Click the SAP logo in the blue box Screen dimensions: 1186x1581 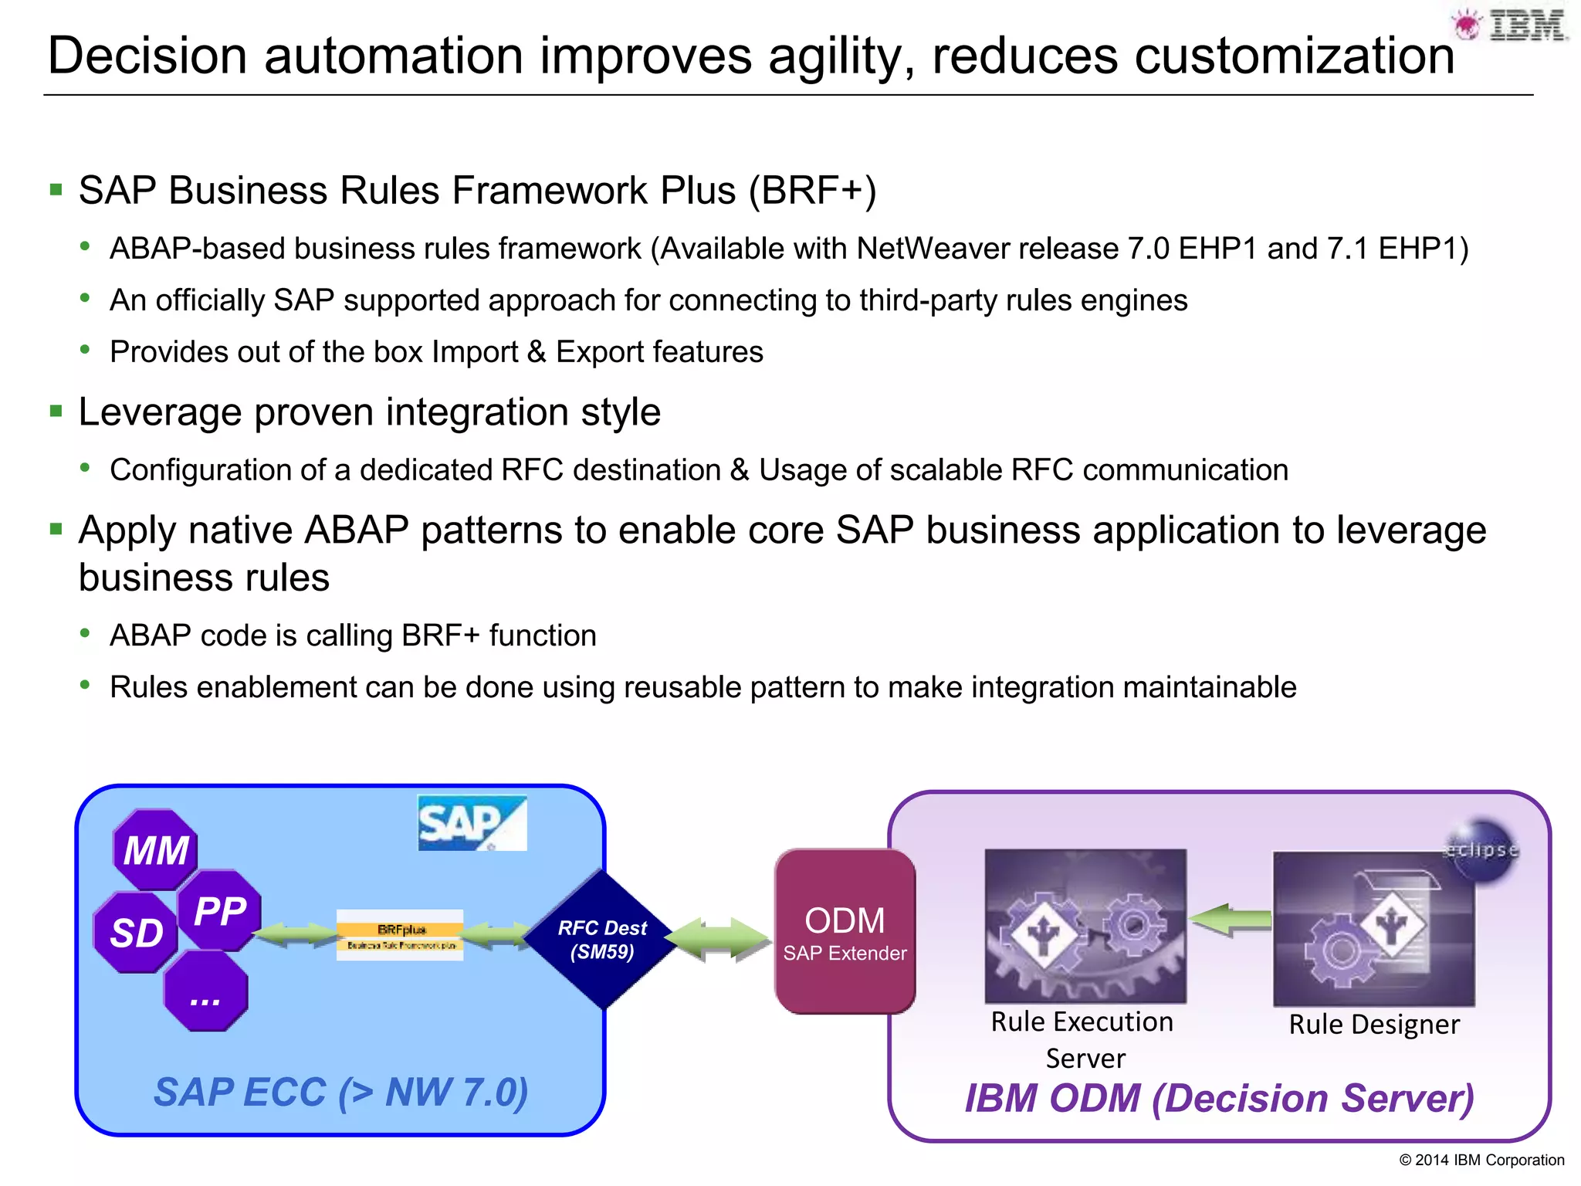tap(471, 823)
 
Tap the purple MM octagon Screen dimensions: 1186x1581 tap(155, 850)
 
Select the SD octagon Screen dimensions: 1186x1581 tap(136, 933)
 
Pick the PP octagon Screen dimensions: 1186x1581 tap(219, 911)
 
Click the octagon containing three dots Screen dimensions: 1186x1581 tap(205, 992)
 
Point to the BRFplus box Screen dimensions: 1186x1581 tap(400, 935)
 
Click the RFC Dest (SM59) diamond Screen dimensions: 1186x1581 tap(602, 939)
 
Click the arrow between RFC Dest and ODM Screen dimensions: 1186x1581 tap(718, 939)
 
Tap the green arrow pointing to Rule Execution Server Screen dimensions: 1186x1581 tap(1229, 920)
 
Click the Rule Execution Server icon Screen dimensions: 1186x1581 tap(1085, 925)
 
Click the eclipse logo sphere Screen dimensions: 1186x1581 tap(1482, 849)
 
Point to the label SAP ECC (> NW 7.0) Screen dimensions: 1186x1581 tap(340, 1092)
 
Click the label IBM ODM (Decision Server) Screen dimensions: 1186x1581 tap(1219, 1098)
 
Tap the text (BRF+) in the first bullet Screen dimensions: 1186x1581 tap(812, 191)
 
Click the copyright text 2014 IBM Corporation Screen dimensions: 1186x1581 tap(1481, 1160)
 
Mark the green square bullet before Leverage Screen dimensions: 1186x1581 tap(56, 411)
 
